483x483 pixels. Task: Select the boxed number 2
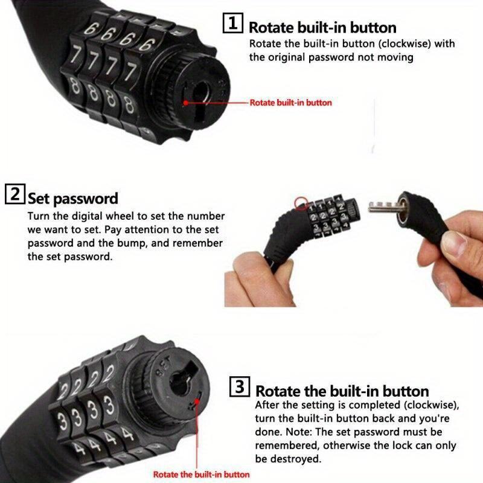click(x=14, y=196)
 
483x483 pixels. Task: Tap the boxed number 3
click(x=240, y=386)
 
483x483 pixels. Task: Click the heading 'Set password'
click(x=72, y=198)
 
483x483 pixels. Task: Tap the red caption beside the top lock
click(x=290, y=103)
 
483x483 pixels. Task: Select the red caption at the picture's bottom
click(x=201, y=475)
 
